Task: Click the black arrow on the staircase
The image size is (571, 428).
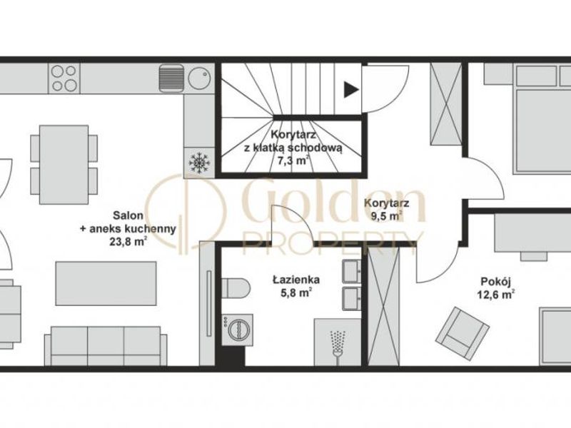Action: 351,90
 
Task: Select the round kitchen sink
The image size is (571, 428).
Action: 200,78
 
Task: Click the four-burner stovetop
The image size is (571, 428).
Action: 64,78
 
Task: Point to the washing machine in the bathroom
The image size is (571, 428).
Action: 238,330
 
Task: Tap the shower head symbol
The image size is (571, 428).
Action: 338,347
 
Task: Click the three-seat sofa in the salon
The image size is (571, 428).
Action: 106,346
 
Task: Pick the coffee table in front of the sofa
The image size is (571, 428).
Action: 106,283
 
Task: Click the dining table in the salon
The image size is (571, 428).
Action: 64,165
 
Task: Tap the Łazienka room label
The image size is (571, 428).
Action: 296,280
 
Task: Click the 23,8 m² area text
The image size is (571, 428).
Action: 128,242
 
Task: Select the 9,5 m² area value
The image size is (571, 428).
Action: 386,216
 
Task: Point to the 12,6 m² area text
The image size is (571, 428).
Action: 495,294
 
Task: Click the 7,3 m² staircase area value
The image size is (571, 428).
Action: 293,160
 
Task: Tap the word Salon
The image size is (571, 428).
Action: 128,215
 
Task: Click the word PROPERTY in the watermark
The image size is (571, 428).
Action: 330,244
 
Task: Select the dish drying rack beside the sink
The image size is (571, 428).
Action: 171,78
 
